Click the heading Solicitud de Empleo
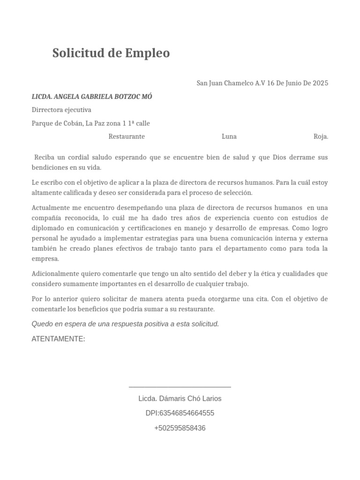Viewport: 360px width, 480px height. [x=111, y=53]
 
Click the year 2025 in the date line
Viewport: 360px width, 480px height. [x=320, y=83]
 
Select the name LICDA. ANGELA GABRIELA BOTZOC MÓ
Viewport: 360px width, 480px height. [x=92, y=97]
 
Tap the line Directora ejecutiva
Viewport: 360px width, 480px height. [x=61, y=110]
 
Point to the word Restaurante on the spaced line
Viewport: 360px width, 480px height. [x=127, y=136]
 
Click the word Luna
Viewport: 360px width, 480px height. [x=229, y=136]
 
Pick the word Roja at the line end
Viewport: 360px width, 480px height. [x=321, y=136]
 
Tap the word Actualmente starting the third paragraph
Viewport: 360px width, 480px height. [x=50, y=208]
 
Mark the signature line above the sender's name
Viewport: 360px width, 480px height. [x=180, y=387]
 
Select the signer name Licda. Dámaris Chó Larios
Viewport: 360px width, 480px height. [x=180, y=398]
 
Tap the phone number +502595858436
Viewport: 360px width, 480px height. [x=180, y=428]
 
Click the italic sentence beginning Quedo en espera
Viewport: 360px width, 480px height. [x=125, y=324]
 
